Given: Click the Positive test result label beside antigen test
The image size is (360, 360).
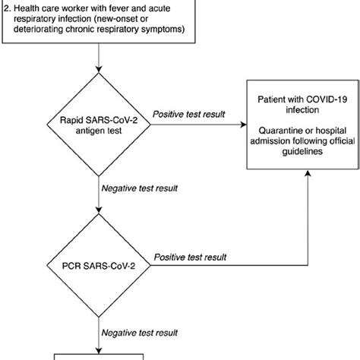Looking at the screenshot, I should (x=188, y=113).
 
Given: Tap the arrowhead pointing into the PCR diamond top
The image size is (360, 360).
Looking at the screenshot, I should (x=99, y=212).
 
